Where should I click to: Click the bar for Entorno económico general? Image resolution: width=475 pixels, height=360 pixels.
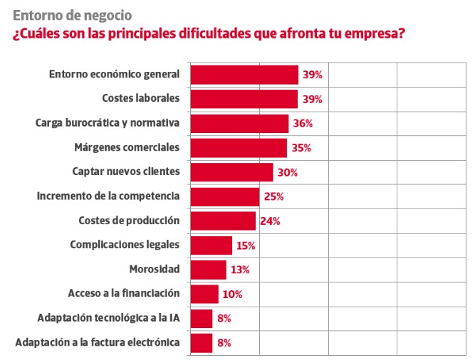pyautogui.click(x=244, y=75)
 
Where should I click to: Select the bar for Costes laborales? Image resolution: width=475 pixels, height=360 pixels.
pyautogui.click(x=244, y=99)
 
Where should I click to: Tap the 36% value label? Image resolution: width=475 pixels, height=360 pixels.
pyautogui.click(x=303, y=124)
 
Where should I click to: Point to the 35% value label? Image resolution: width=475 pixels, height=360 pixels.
pyautogui.click(x=301, y=148)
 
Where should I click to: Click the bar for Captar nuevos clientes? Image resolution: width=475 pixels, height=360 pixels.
pyautogui.click(x=232, y=172)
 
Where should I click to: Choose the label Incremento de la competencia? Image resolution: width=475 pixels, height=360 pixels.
pyautogui.click(x=108, y=196)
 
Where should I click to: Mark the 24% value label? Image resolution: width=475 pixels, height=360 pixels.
pyautogui.click(x=270, y=221)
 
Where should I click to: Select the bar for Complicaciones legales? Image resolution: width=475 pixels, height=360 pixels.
pyautogui.click(x=212, y=245)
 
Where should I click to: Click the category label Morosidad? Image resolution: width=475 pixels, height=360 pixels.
pyautogui.click(x=149, y=269)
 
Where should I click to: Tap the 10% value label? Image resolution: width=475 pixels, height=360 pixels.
pyautogui.click(x=232, y=294)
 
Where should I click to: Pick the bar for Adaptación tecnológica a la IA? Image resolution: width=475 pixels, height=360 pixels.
pyautogui.click(x=202, y=318)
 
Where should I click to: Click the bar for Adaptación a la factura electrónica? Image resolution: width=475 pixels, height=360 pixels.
pyautogui.click(x=202, y=343)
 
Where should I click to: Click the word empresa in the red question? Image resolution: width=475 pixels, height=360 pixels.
pyautogui.click(x=375, y=33)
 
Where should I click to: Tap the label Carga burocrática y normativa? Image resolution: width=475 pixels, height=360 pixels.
pyautogui.click(x=107, y=123)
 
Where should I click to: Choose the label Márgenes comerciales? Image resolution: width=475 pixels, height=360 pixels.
pyautogui.click(x=127, y=147)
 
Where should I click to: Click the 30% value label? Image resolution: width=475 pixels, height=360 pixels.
pyautogui.click(x=287, y=172)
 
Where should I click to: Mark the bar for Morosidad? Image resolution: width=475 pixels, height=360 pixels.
pyautogui.click(x=209, y=270)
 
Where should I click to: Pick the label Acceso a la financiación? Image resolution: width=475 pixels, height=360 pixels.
pyautogui.click(x=124, y=293)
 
